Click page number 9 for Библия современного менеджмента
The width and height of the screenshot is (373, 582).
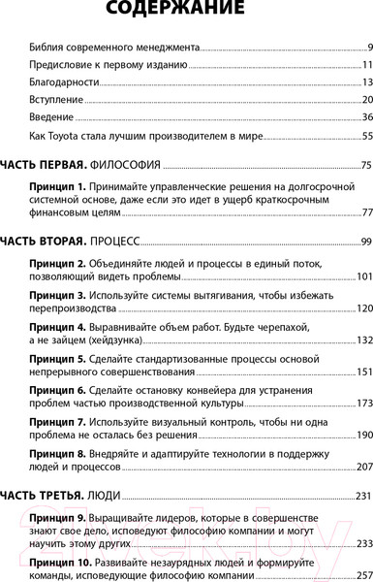tap(369, 47)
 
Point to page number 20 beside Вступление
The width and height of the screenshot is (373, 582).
tap(367, 100)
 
